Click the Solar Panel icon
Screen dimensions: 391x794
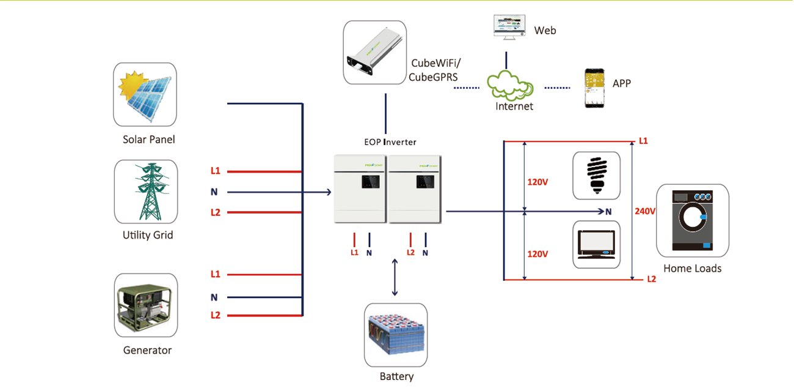click(145, 95)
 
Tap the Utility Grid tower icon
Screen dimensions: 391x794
click(146, 192)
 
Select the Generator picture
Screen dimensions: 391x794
click(146, 305)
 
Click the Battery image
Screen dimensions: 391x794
click(396, 335)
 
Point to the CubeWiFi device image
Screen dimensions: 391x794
click(374, 53)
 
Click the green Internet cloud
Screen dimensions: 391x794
click(511, 86)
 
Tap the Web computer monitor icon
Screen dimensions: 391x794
click(506, 28)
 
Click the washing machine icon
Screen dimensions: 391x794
click(693, 220)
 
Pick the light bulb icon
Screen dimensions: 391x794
click(596, 176)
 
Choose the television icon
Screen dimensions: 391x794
click(596, 244)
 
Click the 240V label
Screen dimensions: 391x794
click(645, 211)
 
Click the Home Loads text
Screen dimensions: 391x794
click(693, 269)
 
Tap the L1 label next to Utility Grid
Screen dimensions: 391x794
click(215, 171)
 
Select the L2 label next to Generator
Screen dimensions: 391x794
click(215, 315)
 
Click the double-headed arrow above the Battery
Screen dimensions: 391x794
click(395, 277)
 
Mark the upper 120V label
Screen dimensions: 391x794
click(537, 182)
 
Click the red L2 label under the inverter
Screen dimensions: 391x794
click(410, 252)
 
